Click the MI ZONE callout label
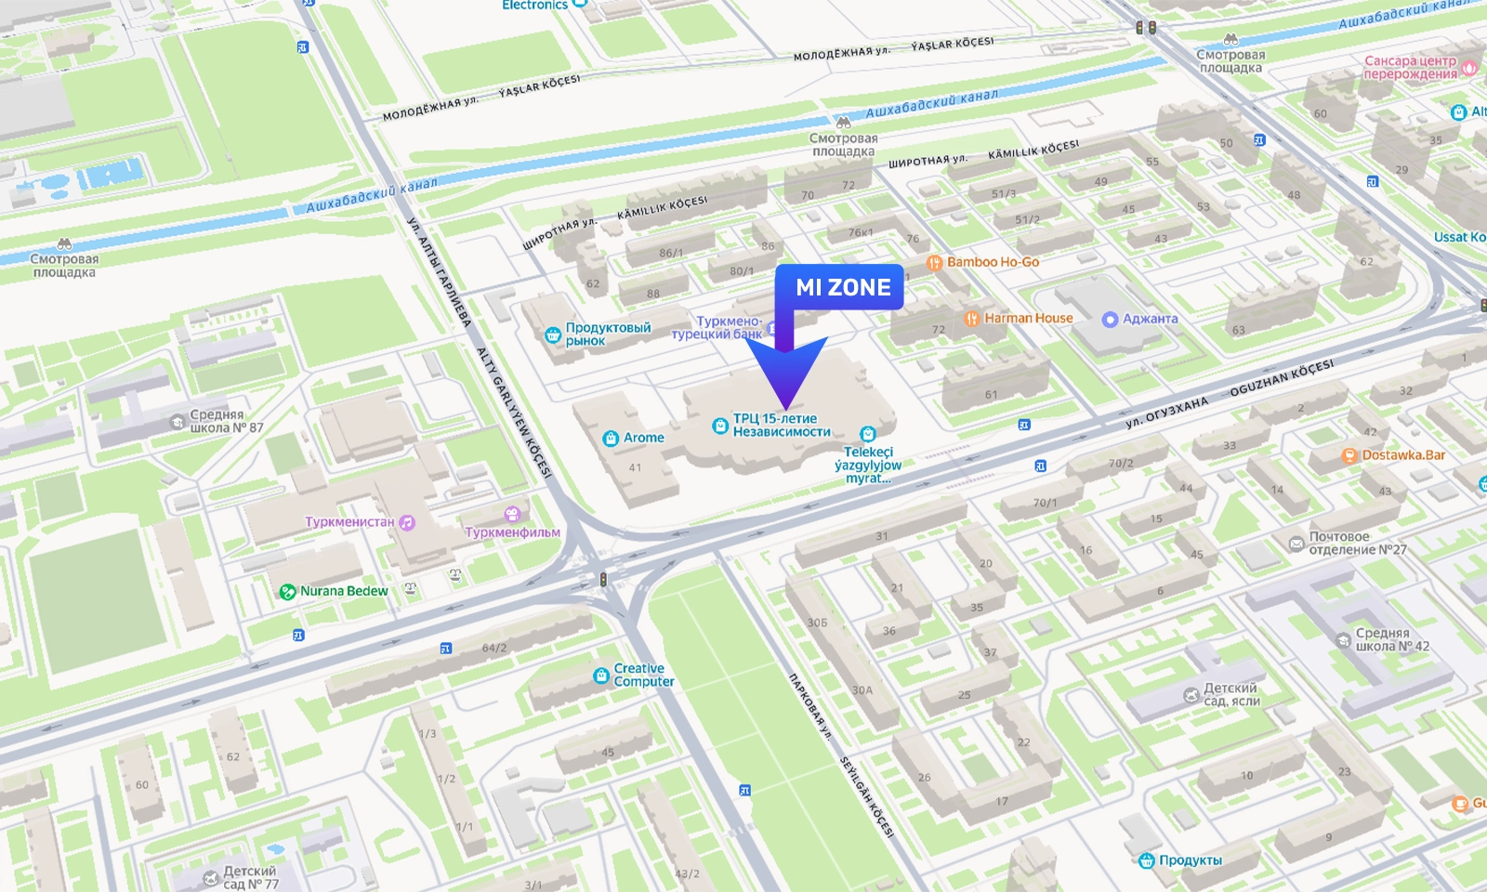(842, 288)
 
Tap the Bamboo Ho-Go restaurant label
(993, 262)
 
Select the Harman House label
(1028, 318)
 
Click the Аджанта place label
(1150, 319)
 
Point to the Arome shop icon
(611, 439)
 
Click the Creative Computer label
(643, 675)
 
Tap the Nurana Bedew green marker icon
(288, 592)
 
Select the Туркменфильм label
(512, 532)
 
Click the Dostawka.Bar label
(1403, 455)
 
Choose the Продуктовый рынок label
(608, 334)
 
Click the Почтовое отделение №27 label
(1357, 543)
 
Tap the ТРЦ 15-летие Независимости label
(781, 425)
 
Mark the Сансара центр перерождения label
(1410, 67)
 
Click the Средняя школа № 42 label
(1391, 639)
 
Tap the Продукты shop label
(1190, 860)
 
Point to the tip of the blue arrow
(786, 408)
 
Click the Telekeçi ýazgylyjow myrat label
(867, 465)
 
